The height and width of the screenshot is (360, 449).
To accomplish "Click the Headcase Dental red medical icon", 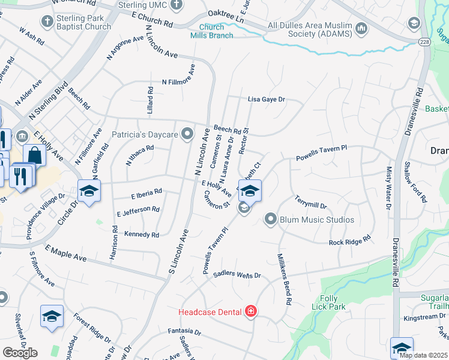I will point(250,311).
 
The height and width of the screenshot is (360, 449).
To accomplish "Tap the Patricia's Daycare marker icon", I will point(188,134).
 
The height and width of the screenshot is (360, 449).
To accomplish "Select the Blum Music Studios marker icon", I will point(271,219).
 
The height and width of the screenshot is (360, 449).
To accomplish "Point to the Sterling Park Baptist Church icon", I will point(47,22).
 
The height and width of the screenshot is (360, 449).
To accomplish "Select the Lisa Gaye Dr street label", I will point(266,100).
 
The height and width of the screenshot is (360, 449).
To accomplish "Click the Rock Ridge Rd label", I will point(350,242).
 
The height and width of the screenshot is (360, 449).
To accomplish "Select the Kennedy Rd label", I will point(142,235).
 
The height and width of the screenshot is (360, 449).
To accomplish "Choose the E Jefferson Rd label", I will point(139,211).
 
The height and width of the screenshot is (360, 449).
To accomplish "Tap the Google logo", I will point(20,353).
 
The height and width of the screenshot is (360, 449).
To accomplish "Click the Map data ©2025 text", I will point(423,355).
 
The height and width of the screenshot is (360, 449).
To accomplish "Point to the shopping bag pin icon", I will point(35,155).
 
